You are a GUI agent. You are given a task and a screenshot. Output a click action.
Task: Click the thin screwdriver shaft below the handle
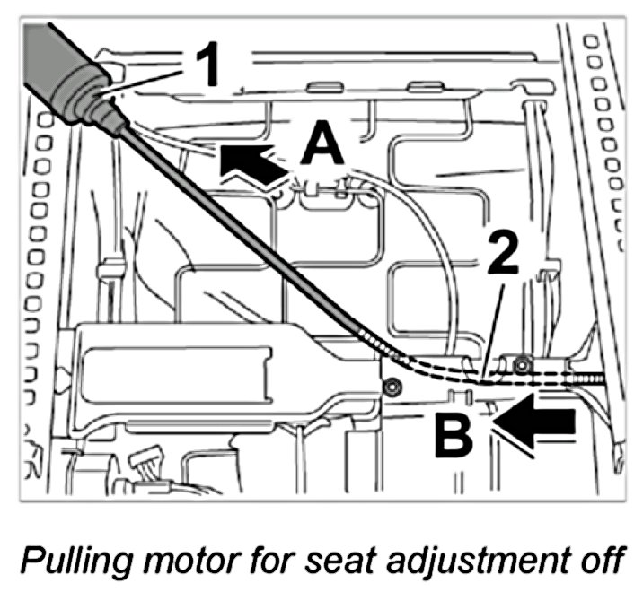point(242,242)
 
